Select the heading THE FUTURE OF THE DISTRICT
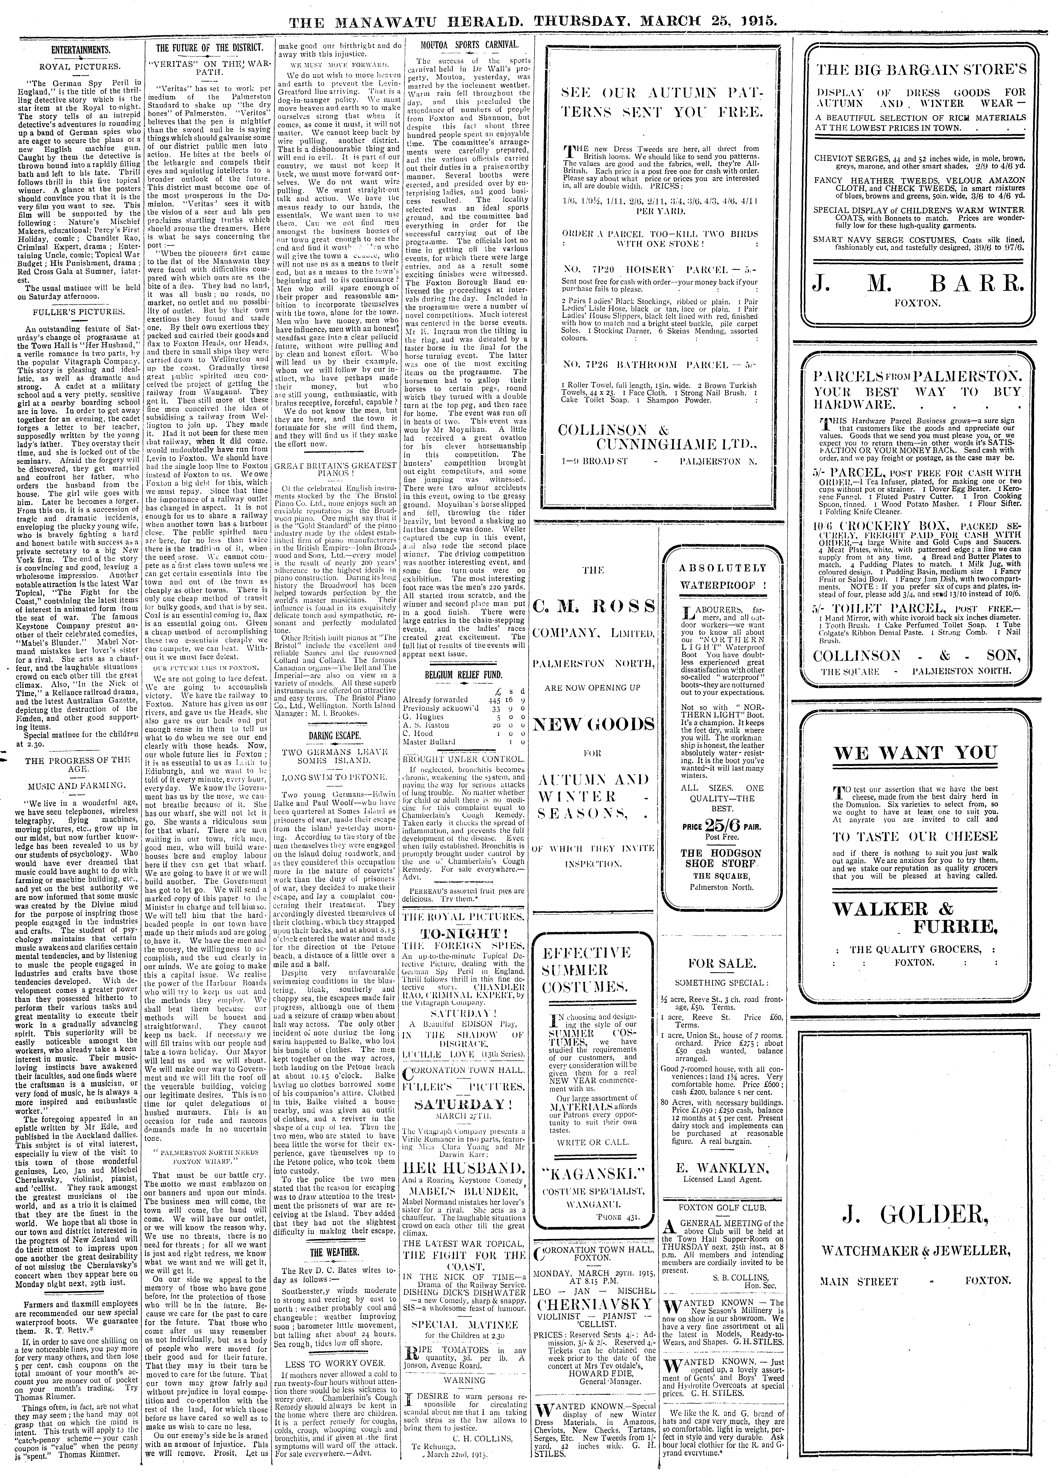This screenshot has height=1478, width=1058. pos(210,48)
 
